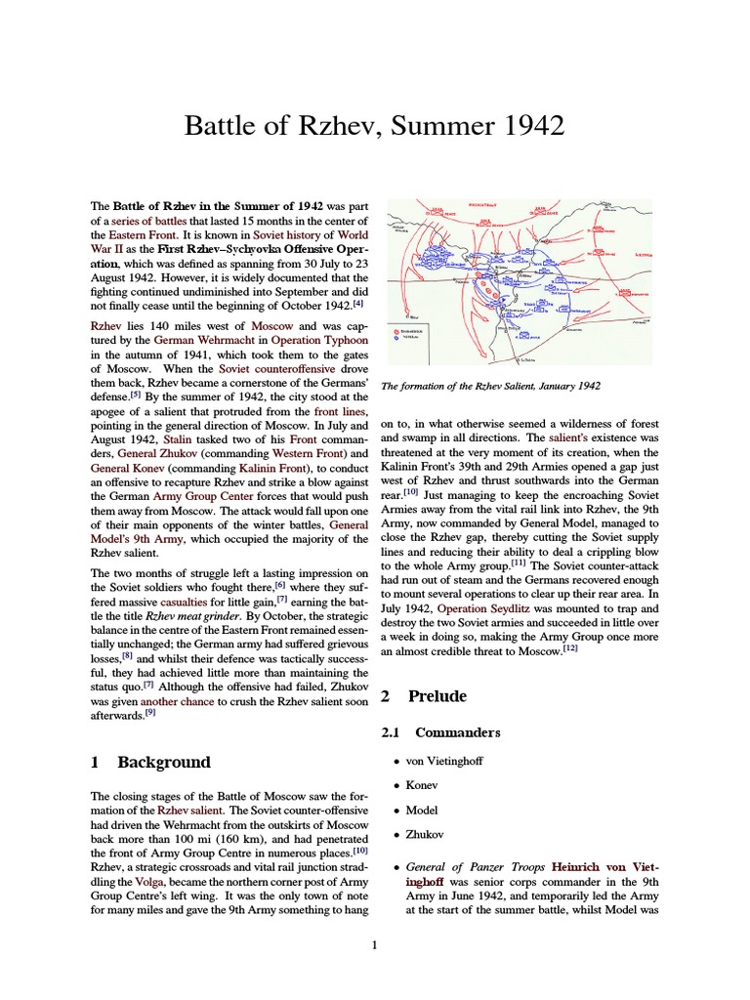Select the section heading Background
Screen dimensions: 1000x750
[x=163, y=762]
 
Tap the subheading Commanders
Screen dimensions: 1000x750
[x=458, y=731]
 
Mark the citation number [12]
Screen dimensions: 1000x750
[x=570, y=648]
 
